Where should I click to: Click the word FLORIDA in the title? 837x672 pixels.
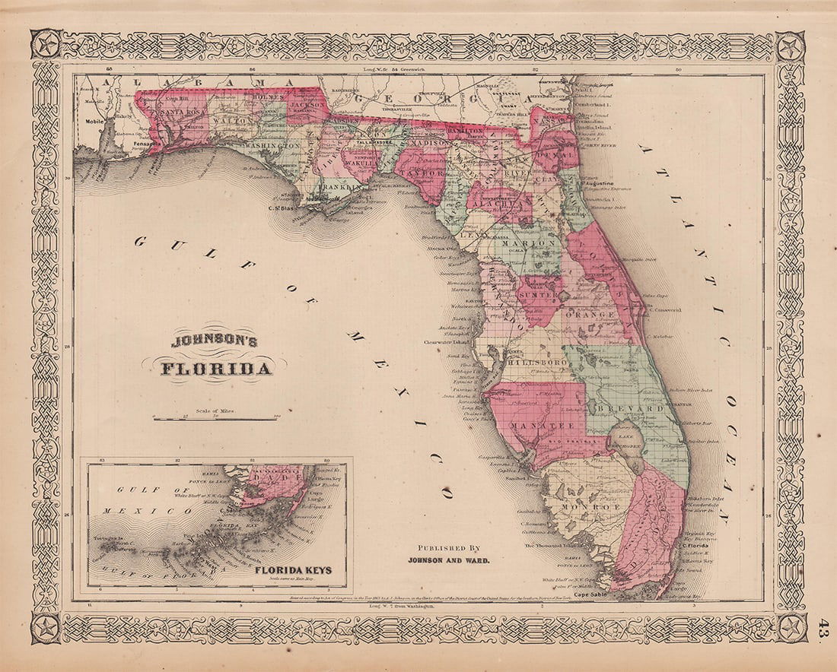(x=216, y=369)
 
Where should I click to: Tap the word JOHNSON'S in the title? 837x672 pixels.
(x=215, y=341)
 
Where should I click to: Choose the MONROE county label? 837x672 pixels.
(x=582, y=506)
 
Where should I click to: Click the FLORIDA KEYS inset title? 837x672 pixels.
(x=293, y=569)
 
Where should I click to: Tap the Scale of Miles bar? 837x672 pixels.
(x=215, y=418)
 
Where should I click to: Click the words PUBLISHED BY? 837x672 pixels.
(x=449, y=547)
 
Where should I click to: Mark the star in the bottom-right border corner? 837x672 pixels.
(x=791, y=628)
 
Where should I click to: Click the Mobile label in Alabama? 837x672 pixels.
(x=94, y=120)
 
